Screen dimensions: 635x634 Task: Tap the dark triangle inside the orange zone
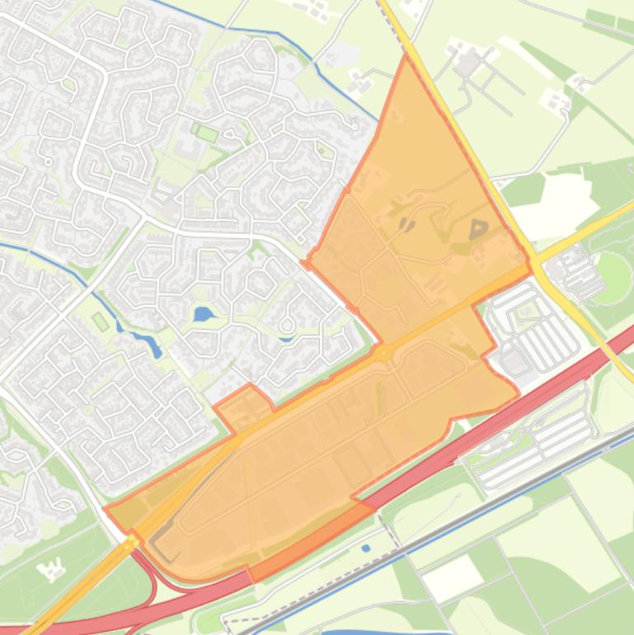478,229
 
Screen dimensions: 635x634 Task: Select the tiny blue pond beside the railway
365,547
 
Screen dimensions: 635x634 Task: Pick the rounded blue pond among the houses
203,313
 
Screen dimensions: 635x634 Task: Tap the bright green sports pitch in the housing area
206,132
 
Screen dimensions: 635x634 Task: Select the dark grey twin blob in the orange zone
407,223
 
